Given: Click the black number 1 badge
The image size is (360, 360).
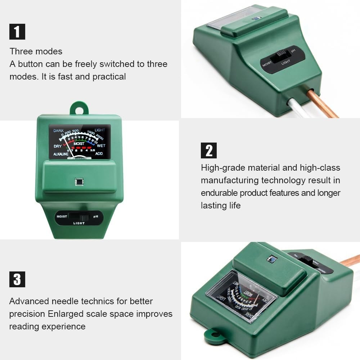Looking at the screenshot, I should coord(17,31).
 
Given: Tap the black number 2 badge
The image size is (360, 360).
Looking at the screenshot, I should coord(209,150).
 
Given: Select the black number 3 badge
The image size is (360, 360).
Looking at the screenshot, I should coord(17,279).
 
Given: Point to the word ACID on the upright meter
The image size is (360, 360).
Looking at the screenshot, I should coord(99,154).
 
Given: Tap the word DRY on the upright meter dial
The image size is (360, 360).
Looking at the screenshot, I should coord(58,146).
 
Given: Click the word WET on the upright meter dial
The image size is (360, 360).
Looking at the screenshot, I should coord(101,146).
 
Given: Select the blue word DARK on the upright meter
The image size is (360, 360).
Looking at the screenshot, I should coord(58,131).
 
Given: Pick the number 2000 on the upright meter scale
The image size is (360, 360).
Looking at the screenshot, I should coord(100,138).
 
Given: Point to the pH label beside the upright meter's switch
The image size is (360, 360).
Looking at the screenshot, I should coord(96,217).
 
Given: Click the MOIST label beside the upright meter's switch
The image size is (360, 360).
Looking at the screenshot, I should coord(61,217).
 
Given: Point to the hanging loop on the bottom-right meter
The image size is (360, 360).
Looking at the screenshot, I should coord(215,336).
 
